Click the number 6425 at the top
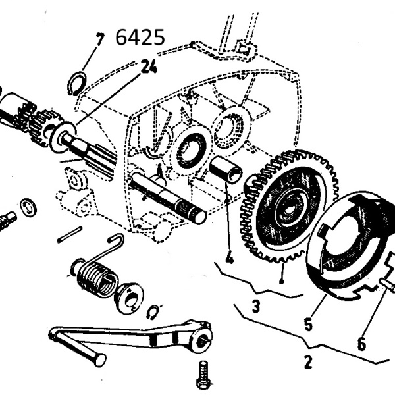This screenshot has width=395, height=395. point(140,38)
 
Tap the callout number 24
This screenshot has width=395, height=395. point(149,66)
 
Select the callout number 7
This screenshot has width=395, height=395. point(100,39)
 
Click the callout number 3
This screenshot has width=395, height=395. point(255,307)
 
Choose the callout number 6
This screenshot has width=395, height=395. point(361,344)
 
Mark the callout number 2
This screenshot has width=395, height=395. point(308,362)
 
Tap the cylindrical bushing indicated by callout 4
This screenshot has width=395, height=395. point(226,169)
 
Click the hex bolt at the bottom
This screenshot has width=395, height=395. point(205,375)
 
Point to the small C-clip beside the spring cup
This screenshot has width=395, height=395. point(152,313)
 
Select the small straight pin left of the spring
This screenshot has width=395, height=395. point(70,234)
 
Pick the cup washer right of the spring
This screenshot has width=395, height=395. point(130,298)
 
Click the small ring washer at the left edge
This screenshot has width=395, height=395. point(28,207)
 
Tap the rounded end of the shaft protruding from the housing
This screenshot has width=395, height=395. point(198,217)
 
